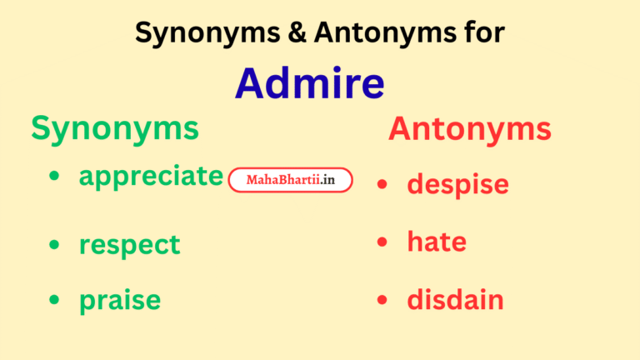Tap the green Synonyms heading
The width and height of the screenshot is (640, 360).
click(x=115, y=129)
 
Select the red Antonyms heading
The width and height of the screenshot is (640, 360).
click(x=469, y=129)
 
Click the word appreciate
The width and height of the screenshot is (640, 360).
click(x=151, y=177)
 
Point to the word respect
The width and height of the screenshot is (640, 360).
click(x=129, y=245)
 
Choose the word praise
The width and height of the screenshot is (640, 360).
click(x=120, y=300)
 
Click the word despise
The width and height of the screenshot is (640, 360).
click(x=457, y=184)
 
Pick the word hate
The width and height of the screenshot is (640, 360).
click(x=437, y=242)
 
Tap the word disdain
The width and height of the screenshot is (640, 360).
click(x=455, y=300)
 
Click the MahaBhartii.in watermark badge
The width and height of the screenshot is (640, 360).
click(x=290, y=180)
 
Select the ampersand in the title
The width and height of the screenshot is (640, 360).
click(x=279, y=32)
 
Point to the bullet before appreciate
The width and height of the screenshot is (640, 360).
click(x=55, y=177)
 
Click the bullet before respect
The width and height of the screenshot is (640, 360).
click(x=55, y=244)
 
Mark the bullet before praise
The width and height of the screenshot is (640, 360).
click(x=55, y=300)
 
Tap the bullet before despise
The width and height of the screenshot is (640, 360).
click(x=382, y=184)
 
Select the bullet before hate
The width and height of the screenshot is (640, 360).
click(x=382, y=242)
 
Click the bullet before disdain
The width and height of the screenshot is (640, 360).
click(x=382, y=300)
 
